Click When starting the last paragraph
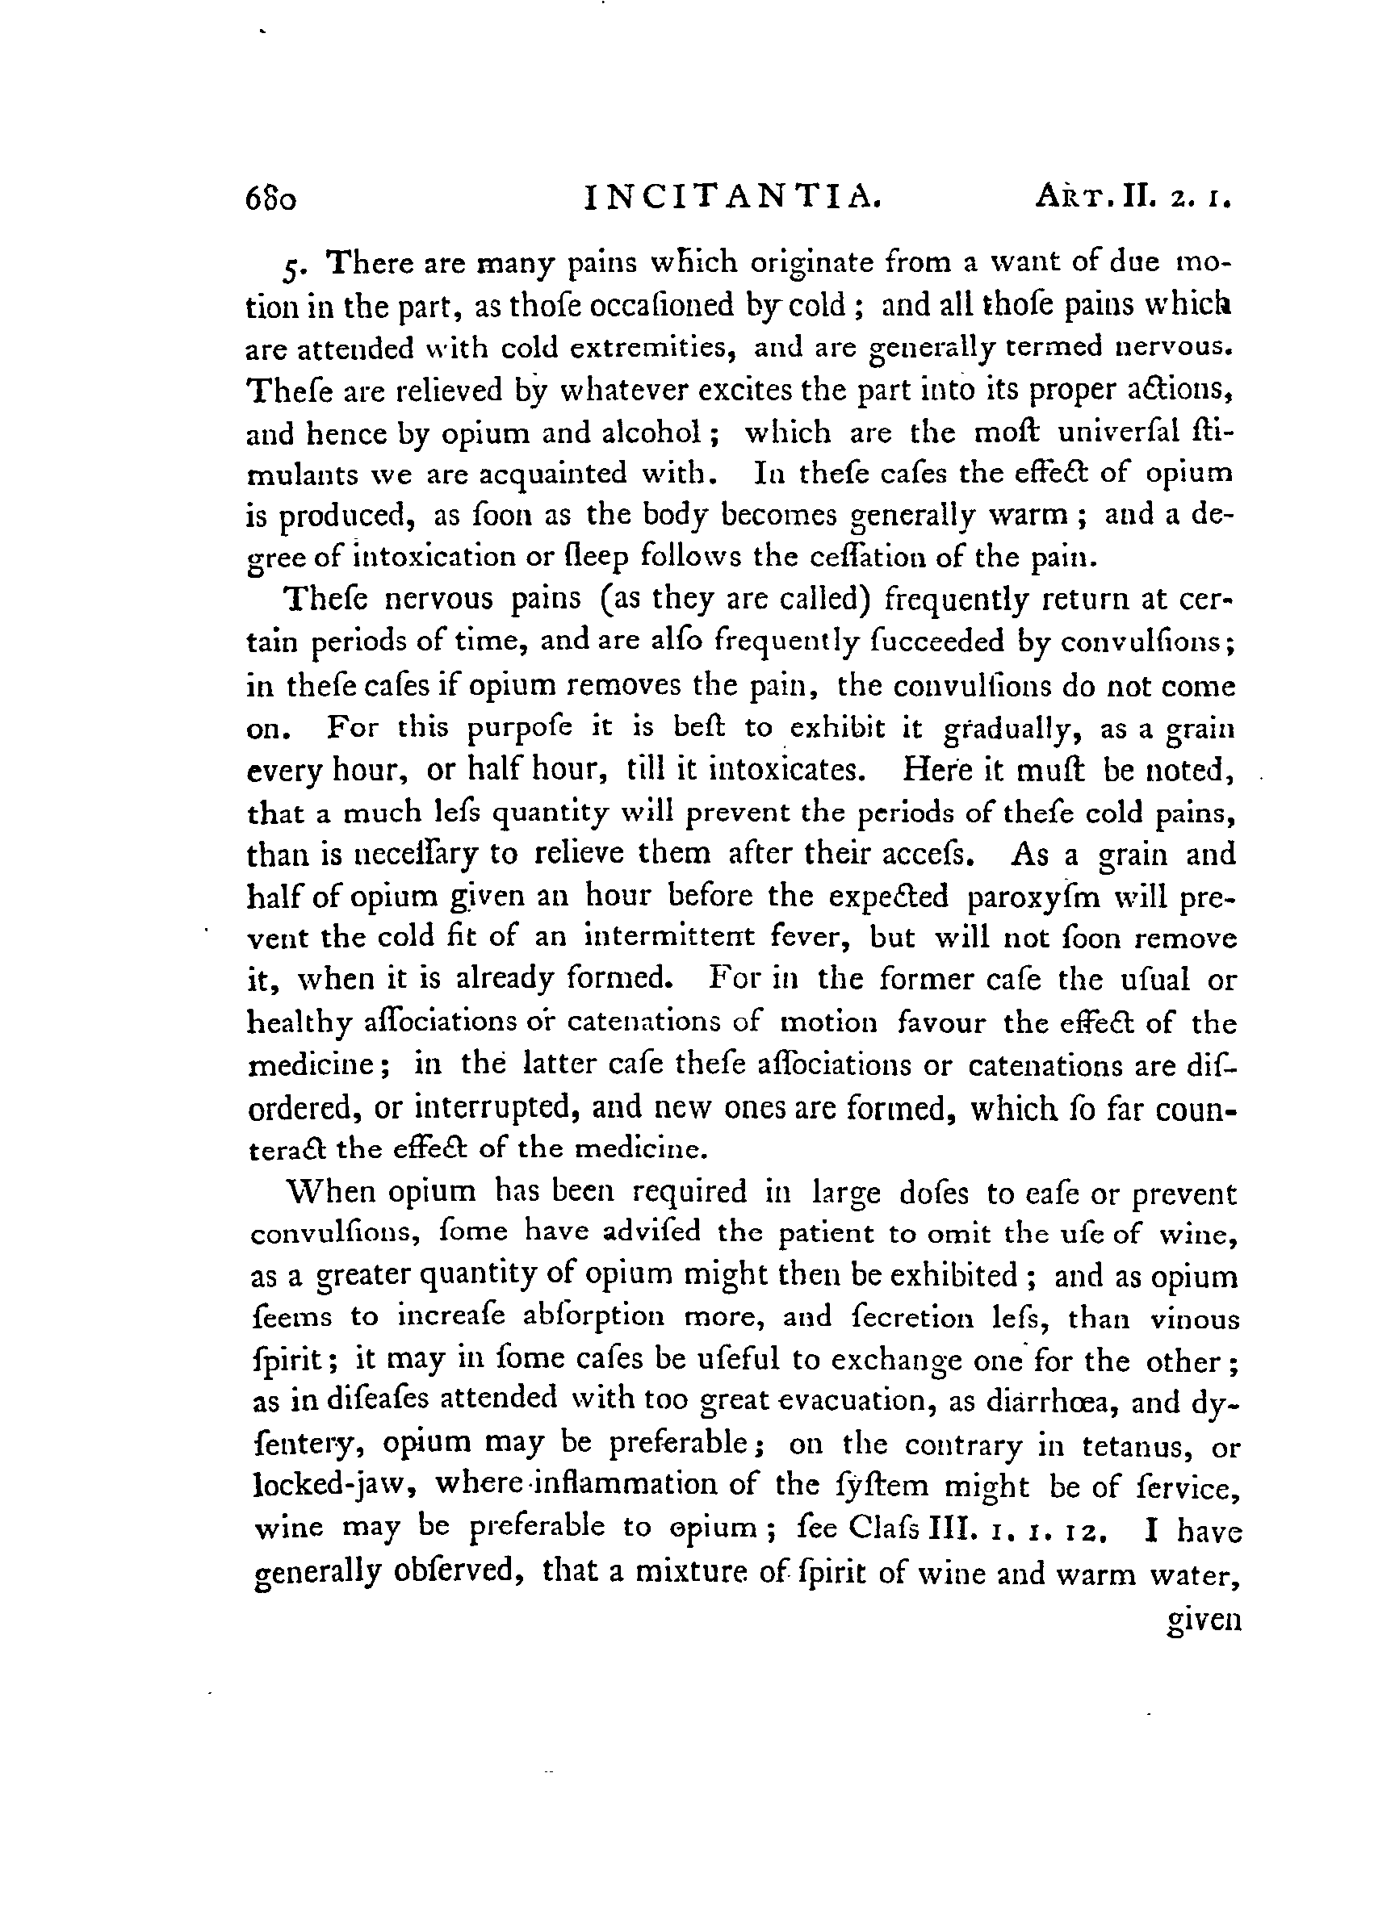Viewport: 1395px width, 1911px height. (331, 1192)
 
